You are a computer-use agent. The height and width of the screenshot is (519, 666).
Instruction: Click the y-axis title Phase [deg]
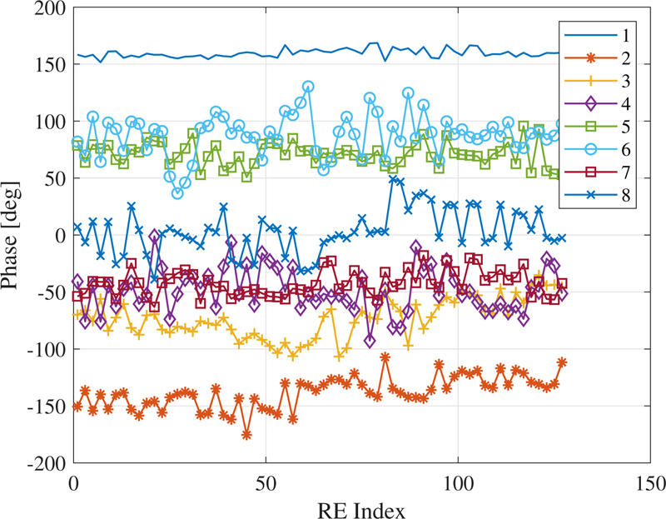coord(15,235)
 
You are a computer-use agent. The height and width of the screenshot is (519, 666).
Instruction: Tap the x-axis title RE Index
coord(361,507)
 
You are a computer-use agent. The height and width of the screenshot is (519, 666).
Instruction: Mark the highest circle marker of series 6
coord(308,87)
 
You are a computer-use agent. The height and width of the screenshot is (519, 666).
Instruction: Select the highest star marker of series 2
coord(385,357)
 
